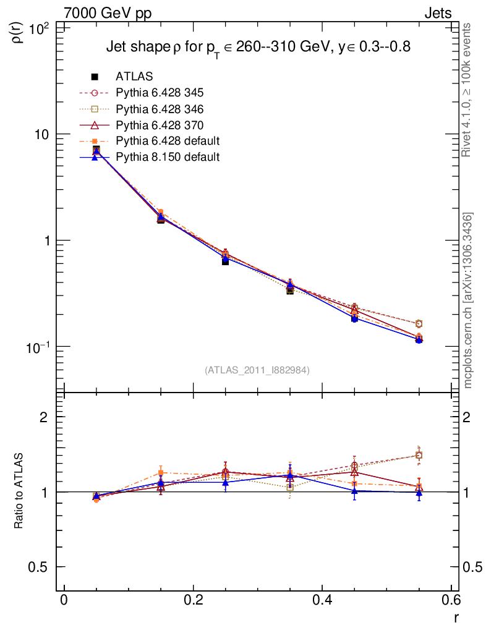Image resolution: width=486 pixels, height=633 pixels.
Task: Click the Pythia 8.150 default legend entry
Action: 168,157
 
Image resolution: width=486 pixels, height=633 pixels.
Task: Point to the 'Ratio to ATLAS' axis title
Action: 19,492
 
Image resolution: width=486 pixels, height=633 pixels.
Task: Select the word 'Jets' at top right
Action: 438,13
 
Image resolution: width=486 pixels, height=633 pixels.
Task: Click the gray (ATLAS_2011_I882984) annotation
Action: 257,370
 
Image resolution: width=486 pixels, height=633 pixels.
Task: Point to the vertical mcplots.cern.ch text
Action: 469,300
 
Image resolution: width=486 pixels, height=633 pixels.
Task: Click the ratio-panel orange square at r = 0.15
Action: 161,473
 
